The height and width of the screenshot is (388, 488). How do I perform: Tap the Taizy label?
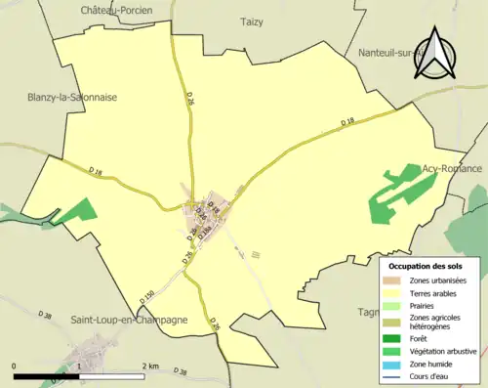point(252,21)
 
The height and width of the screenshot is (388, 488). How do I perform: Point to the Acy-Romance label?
point(452,168)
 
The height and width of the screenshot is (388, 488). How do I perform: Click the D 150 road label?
point(146,294)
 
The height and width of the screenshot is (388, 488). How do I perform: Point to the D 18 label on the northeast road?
point(347,122)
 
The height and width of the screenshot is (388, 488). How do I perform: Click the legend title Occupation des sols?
point(426,266)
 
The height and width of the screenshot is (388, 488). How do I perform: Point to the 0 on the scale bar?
point(15,366)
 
